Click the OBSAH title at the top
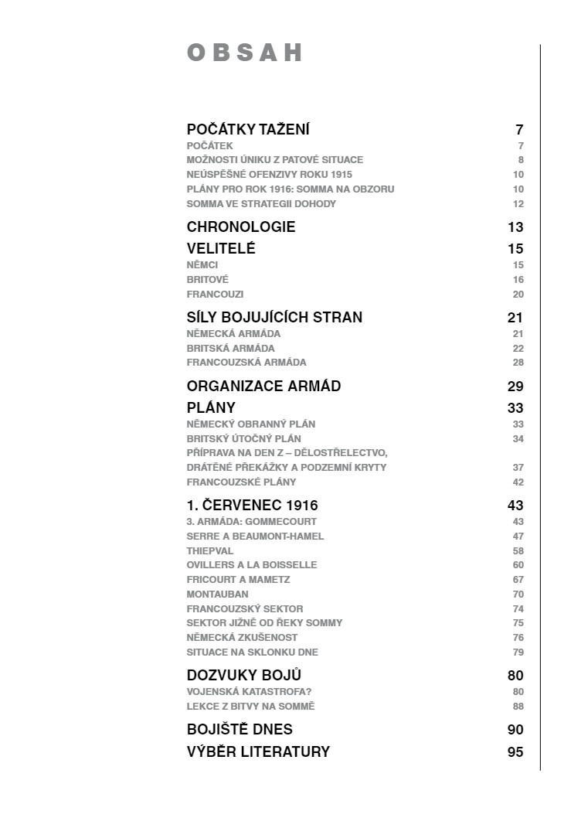244,53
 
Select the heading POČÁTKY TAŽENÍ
248,129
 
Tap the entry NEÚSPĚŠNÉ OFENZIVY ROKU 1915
269,175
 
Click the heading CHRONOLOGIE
241,227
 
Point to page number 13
515,227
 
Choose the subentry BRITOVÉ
208,280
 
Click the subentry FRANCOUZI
215,295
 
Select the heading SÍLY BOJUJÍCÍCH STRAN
274,317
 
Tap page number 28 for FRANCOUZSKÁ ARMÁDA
518,363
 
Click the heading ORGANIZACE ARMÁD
263,386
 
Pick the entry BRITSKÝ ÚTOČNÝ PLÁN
243,439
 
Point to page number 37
518,468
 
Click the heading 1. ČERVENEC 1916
252,505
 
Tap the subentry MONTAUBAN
217,595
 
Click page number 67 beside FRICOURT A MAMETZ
518,580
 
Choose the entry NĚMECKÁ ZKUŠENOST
242,638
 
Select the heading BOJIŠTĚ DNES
240,729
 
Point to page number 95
515,752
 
